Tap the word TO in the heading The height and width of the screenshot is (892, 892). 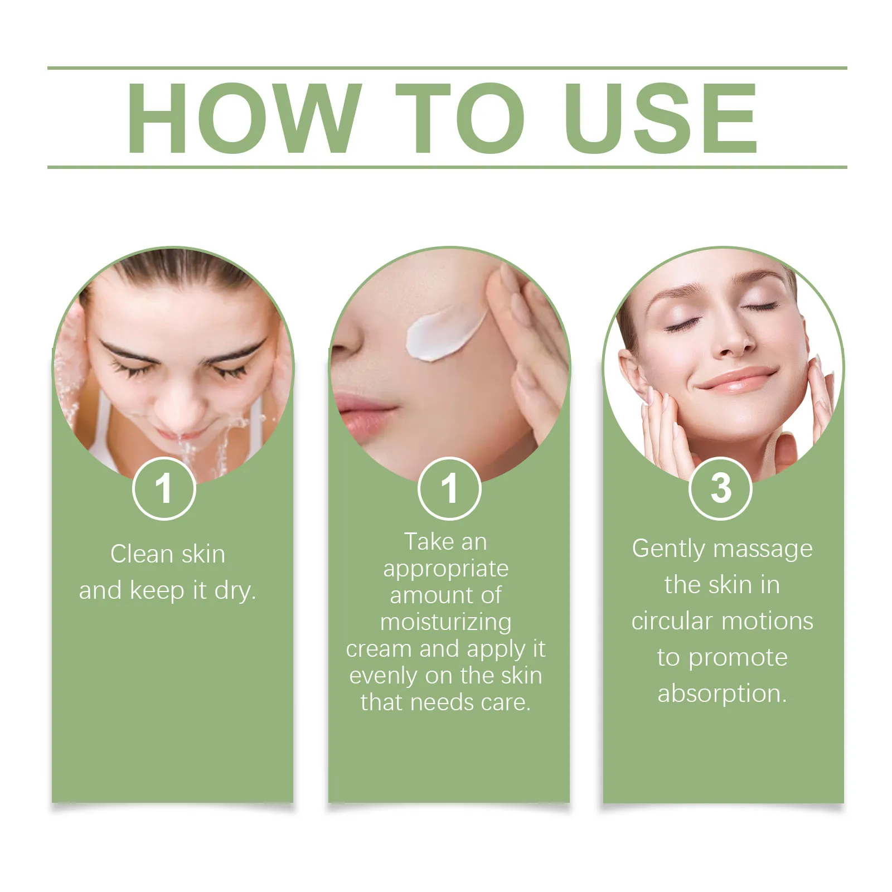tap(460, 118)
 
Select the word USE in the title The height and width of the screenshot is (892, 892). tap(661, 118)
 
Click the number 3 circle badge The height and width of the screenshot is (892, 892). tap(721, 488)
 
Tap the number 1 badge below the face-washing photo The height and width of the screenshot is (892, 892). tap(164, 488)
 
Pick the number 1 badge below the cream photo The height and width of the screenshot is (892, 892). tap(449, 488)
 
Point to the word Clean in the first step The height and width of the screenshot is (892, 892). tap(142, 554)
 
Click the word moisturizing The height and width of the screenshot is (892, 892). tap(445, 622)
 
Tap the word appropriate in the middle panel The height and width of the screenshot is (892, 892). tap(445, 569)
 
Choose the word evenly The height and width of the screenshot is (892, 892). tap(384, 676)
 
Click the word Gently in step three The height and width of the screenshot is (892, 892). tap(668, 549)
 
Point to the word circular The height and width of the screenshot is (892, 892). tap(672, 621)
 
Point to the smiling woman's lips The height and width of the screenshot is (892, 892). tap(736, 381)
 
